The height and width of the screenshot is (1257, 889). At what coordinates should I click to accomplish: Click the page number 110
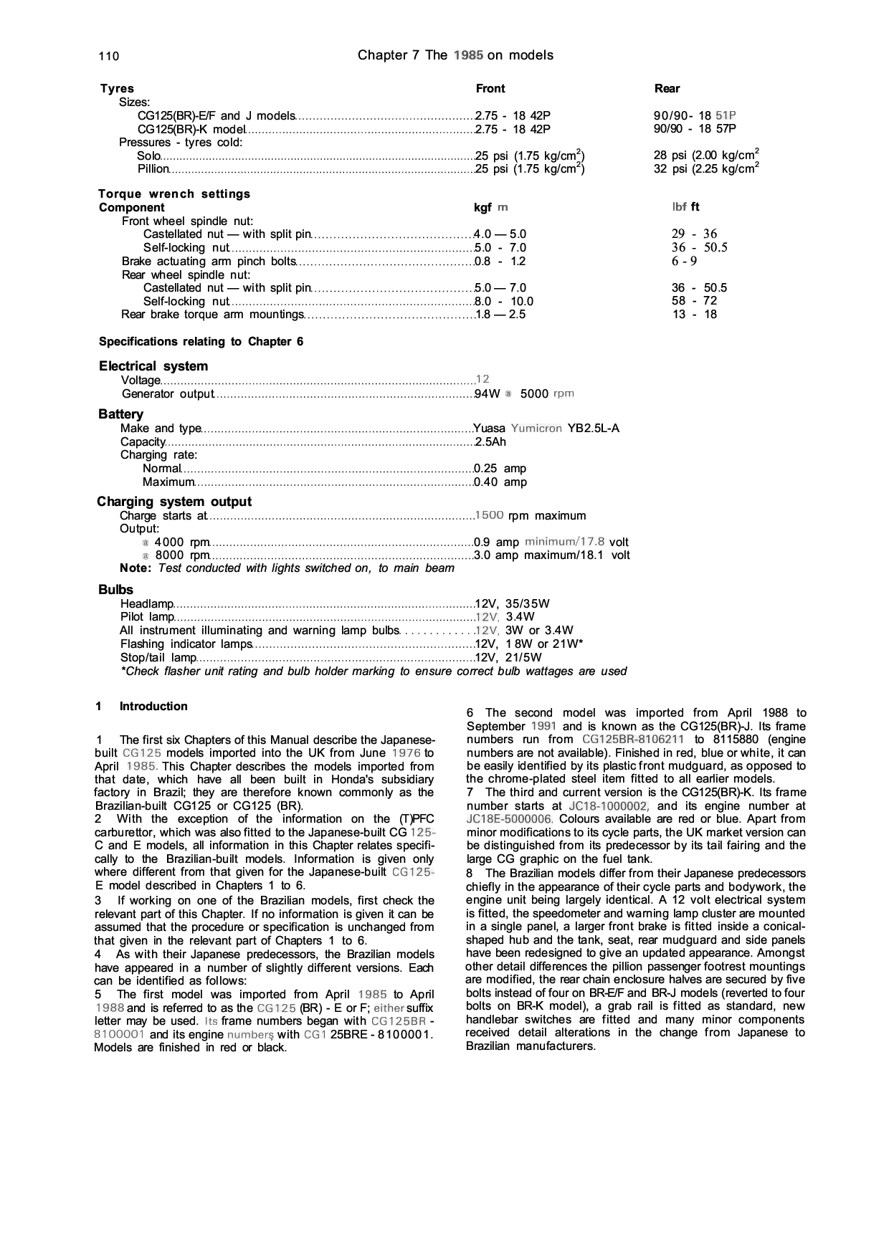point(109,57)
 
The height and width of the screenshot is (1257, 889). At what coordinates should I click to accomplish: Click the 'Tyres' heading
point(117,89)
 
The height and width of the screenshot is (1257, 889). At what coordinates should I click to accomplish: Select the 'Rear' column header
point(667,89)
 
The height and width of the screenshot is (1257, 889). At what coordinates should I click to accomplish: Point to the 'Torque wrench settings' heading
point(174,194)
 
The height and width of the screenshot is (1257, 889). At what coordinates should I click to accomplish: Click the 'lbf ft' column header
point(685,207)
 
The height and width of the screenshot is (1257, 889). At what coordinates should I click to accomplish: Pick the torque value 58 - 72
point(694,301)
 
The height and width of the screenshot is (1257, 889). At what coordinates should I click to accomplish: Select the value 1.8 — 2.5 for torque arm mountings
point(501,315)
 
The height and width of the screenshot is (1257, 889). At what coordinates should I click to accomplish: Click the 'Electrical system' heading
point(153,366)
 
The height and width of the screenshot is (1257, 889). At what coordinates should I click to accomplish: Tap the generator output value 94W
point(488,394)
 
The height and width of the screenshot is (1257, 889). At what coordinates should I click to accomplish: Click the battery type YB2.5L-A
point(593,429)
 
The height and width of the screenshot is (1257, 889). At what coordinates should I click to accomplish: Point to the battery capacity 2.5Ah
point(490,442)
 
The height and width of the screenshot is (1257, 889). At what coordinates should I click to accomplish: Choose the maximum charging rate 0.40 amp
point(500,482)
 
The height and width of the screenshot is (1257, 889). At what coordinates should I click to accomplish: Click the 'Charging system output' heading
point(174,502)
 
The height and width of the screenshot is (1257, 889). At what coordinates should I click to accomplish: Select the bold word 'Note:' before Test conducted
point(136,568)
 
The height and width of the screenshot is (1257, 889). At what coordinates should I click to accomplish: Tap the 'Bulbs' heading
point(115,590)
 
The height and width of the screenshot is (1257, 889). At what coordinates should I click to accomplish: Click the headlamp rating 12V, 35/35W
point(513,603)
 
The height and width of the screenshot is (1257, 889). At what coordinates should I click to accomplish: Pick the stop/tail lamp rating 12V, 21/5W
point(508,657)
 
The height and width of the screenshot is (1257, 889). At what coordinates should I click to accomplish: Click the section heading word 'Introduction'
point(153,707)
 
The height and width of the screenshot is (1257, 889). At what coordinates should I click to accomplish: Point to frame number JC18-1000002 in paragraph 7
point(609,806)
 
